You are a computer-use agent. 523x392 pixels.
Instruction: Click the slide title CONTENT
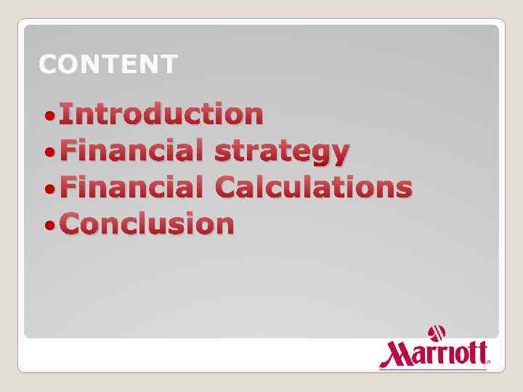[108, 65]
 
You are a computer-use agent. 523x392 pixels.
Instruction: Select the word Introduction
[161, 114]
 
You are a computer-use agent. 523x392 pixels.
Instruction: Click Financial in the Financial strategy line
[131, 151]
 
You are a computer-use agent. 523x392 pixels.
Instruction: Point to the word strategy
[282, 152]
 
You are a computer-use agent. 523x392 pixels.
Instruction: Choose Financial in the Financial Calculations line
[131, 187]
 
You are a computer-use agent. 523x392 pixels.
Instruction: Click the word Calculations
[314, 187]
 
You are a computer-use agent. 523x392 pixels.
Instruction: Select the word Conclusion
[147, 224]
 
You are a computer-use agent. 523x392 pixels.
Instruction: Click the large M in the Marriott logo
[394, 354]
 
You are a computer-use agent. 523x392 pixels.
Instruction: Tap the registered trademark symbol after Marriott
[488, 361]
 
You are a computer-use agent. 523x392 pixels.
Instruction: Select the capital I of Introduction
[68, 114]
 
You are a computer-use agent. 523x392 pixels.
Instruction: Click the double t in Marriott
[477, 354]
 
